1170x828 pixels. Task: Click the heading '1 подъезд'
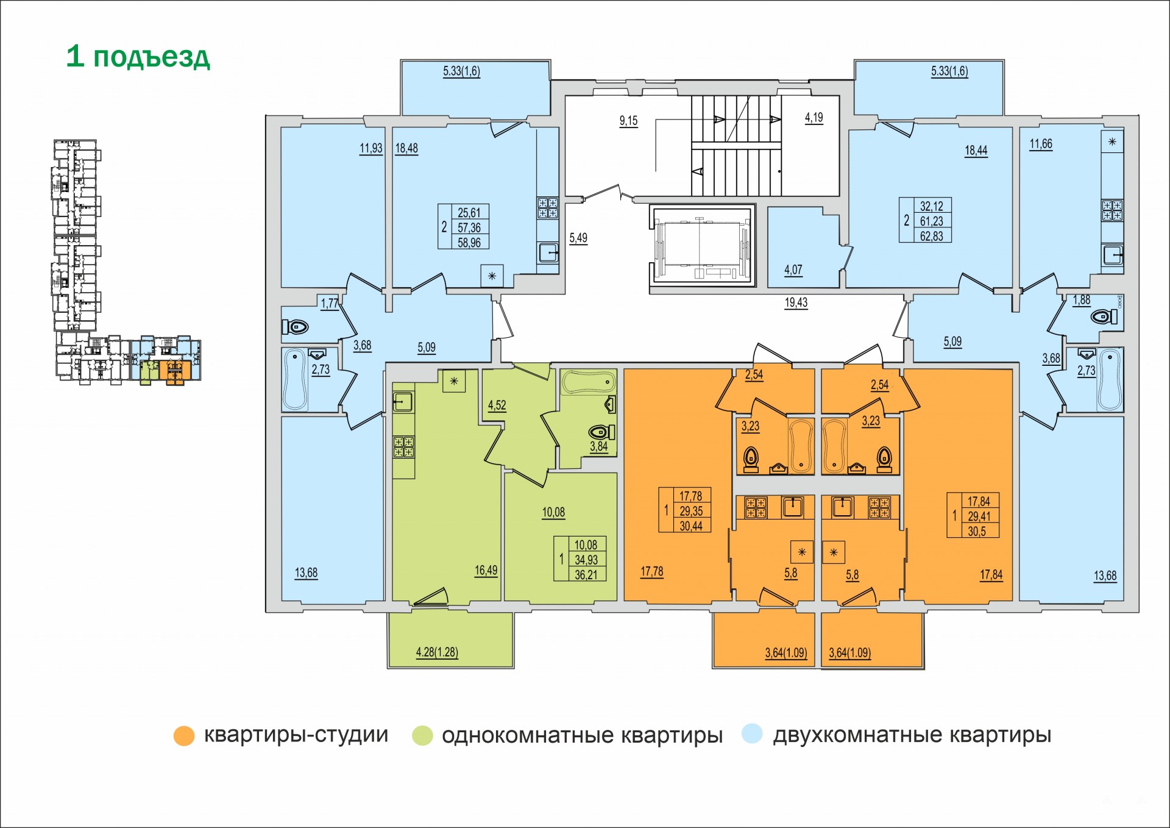(138, 57)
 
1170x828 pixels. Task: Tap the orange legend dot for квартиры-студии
(184, 735)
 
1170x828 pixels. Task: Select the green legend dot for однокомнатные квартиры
(422, 735)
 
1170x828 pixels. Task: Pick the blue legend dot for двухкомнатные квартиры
(753, 733)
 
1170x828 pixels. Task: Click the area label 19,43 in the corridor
(796, 302)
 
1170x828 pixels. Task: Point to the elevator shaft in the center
(703, 246)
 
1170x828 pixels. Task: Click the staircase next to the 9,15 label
(736, 145)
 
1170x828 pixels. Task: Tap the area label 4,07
(793, 269)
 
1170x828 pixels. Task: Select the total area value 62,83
(932, 236)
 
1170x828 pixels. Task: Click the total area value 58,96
(469, 242)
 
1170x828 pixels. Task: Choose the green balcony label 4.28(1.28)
(437, 652)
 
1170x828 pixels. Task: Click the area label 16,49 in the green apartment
(486, 571)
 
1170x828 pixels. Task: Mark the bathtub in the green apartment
(589, 383)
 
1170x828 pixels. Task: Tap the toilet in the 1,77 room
(296, 327)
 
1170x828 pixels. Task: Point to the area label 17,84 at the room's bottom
(991, 574)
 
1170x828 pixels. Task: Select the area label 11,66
(1041, 145)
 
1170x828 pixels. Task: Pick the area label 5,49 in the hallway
(578, 238)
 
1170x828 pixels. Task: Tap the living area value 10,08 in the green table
(586, 544)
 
